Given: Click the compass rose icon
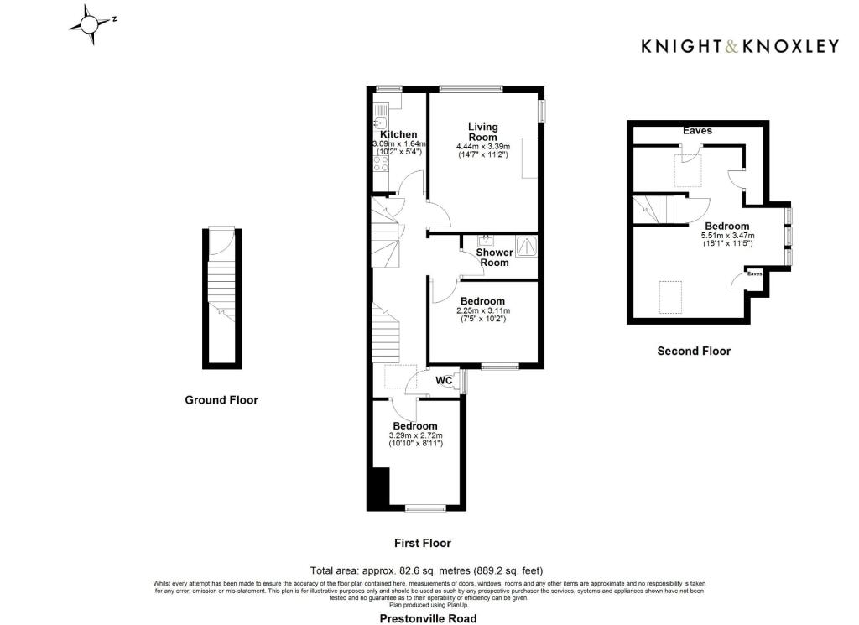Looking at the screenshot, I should click(90, 24).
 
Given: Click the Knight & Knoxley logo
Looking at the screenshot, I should click(739, 46).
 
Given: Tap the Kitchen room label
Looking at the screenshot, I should click(398, 134).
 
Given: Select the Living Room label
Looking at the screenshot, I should click(482, 132).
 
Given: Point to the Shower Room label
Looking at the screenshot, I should click(493, 258).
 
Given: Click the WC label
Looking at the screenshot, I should click(444, 380).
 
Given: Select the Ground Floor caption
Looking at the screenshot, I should click(221, 400).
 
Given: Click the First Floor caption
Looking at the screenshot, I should click(423, 543).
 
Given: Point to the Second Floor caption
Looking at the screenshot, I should click(694, 351).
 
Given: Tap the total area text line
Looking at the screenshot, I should click(432, 570).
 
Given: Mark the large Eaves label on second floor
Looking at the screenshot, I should click(697, 131).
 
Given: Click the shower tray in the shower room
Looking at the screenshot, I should click(526, 245).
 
